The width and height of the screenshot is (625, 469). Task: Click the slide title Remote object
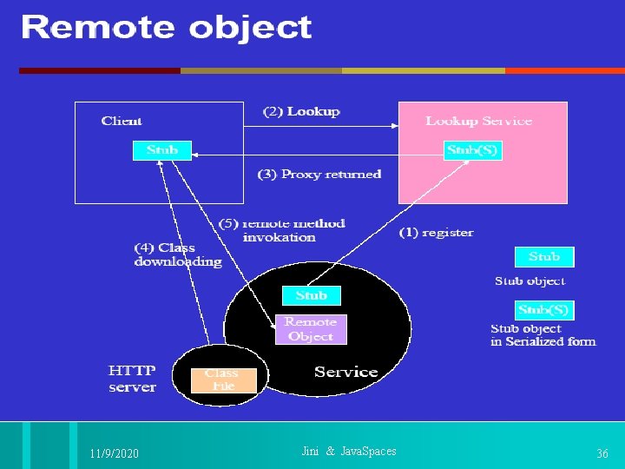click(x=166, y=28)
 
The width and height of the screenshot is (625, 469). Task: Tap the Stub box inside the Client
click(x=161, y=150)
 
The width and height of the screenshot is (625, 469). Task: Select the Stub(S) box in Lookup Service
click(x=472, y=150)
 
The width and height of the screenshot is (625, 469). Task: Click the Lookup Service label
click(x=478, y=121)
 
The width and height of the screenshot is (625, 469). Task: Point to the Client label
click(x=122, y=121)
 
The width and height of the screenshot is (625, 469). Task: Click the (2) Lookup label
click(x=301, y=111)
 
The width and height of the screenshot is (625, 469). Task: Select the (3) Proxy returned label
click(x=319, y=174)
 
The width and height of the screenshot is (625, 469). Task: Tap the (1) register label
click(x=436, y=232)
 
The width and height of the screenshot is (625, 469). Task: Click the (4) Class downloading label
click(x=177, y=254)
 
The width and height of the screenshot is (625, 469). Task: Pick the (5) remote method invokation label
click(x=281, y=230)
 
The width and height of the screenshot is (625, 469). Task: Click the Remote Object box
click(x=311, y=329)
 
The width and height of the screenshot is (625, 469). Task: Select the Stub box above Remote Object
click(x=311, y=295)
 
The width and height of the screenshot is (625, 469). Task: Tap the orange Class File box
click(x=223, y=380)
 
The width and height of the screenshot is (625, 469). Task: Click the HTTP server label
click(x=132, y=379)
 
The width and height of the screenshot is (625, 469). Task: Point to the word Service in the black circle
click(x=345, y=372)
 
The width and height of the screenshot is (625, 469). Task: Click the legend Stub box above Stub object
click(x=544, y=256)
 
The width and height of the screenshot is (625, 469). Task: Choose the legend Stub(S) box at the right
click(x=544, y=309)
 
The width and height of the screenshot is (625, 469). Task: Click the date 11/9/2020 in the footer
click(x=114, y=453)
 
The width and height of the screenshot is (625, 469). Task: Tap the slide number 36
click(x=602, y=453)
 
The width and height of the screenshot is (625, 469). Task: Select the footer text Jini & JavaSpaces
click(x=348, y=451)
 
